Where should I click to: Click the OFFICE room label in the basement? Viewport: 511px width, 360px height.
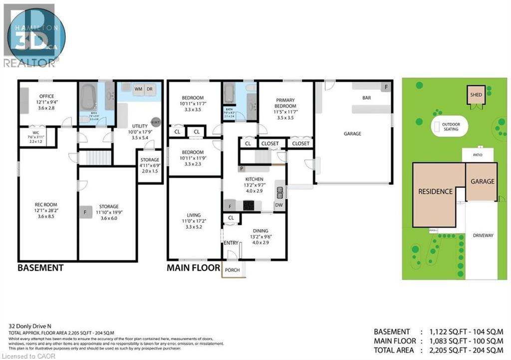pos(43,96)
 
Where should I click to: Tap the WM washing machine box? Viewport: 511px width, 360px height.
pos(138,89)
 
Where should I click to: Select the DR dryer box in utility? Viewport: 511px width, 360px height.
pos(150,89)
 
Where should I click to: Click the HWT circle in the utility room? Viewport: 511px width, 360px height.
pos(156,122)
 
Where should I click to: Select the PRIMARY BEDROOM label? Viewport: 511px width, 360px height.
pos(285,103)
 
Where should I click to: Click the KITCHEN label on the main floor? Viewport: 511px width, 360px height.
pos(254,179)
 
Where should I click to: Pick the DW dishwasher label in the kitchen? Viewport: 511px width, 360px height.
pos(279,205)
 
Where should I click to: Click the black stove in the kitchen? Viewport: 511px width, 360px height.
pos(249,205)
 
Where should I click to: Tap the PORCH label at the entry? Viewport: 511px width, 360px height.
pos(232,270)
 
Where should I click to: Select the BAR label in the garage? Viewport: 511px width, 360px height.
pos(366,98)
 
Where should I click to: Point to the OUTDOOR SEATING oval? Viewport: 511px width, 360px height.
pos(451,127)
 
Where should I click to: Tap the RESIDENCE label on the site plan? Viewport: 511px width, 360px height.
pos(435,191)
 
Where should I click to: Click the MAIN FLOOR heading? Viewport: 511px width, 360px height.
pos(193,268)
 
